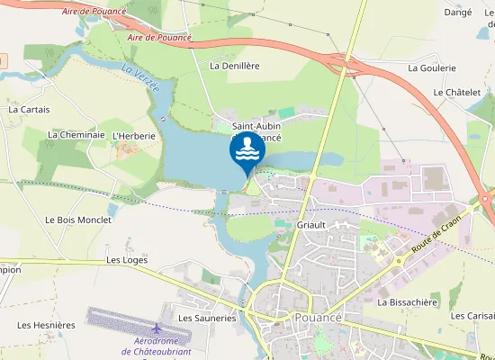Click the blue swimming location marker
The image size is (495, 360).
point(247,150)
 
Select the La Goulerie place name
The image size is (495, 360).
point(432,67)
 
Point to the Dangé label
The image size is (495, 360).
point(458,13)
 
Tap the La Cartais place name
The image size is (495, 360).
point(29,109)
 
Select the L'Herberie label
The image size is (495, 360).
point(134,135)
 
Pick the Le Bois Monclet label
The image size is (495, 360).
point(78,220)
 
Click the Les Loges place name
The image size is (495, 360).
point(127,259)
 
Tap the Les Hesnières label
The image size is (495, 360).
point(46,324)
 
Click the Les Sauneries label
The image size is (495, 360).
point(207,318)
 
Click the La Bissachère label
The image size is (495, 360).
point(407,302)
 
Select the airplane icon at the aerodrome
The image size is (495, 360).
point(157,328)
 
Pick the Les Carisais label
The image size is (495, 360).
point(472,316)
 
